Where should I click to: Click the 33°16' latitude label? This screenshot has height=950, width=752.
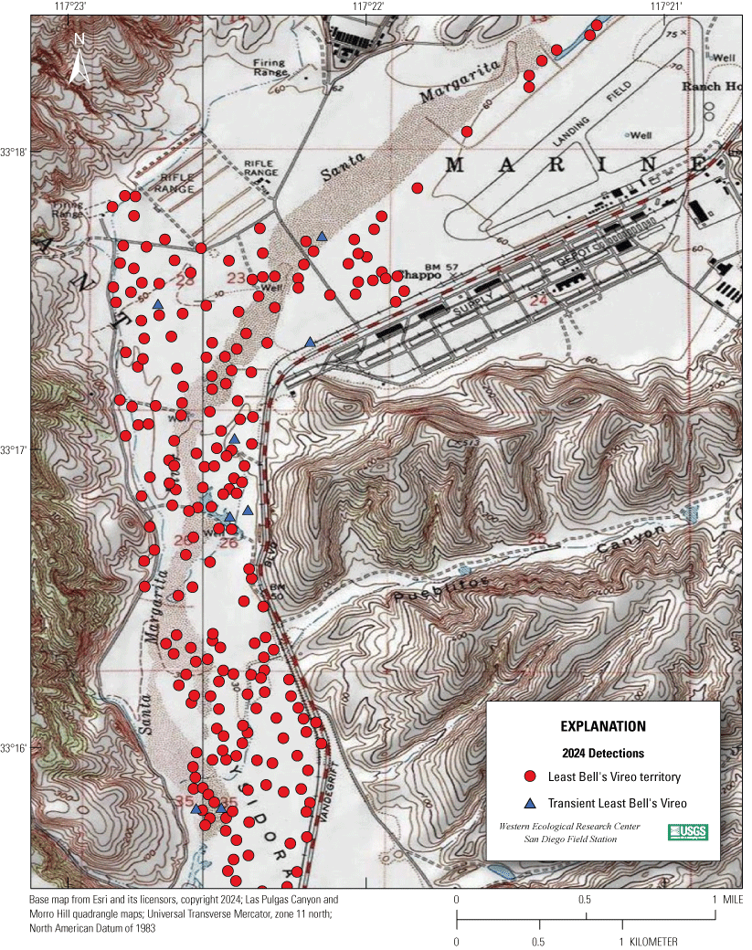click(x=16, y=748)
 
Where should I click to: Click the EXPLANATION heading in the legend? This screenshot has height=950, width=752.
click(x=602, y=727)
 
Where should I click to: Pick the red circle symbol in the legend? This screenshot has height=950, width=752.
click(x=528, y=777)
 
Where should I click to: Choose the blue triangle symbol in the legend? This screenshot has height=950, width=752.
click(x=528, y=804)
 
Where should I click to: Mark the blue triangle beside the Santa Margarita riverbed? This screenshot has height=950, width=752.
click(x=322, y=237)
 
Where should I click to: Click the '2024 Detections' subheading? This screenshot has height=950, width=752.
click(x=602, y=754)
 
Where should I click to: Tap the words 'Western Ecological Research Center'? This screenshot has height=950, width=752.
click(x=569, y=826)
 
